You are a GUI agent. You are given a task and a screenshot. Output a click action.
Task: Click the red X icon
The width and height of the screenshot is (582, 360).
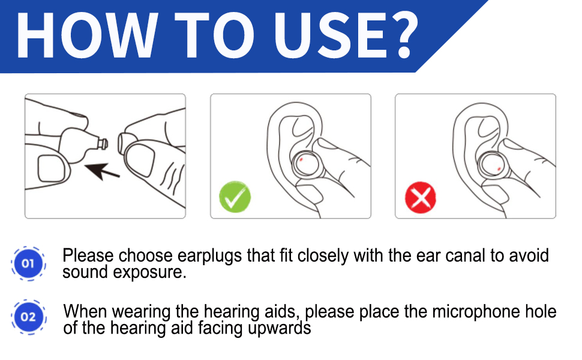421,197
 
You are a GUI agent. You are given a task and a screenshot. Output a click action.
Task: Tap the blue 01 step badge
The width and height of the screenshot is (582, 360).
28,263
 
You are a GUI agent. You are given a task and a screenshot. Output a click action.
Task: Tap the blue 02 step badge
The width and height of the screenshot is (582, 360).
28,316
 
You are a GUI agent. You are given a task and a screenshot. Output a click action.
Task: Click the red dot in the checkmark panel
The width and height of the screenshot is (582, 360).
301,160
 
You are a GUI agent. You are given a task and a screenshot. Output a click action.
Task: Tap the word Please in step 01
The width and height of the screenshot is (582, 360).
88,256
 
